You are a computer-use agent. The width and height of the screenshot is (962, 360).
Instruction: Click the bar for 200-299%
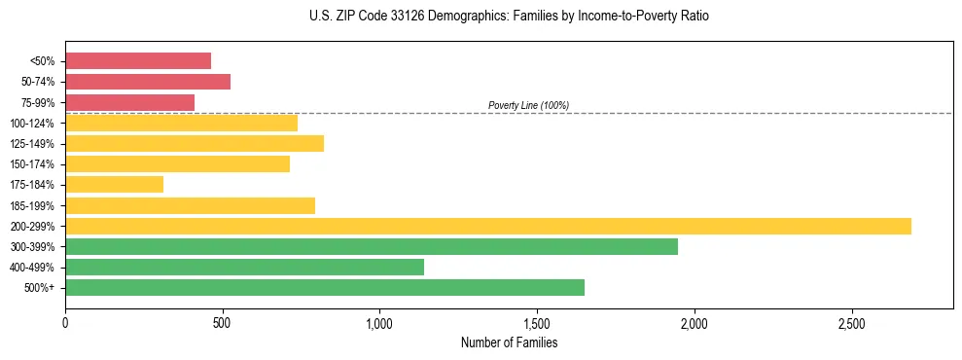click(x=487, y=226)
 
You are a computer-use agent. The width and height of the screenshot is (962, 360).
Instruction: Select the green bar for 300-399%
click(x=371, y=246)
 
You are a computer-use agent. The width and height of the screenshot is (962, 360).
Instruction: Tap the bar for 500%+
click(x=324, y=287)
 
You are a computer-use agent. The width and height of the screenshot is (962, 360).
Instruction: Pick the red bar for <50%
click(x=137, y=60)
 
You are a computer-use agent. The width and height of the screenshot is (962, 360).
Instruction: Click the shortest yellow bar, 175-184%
click(x=114, y=184)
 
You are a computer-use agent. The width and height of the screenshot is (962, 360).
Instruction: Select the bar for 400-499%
click(x=244, y=267)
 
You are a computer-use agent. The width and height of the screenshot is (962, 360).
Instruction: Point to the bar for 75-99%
click(x=129, y=102)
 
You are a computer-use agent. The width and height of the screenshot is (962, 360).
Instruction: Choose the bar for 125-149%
click(x=194, y=143)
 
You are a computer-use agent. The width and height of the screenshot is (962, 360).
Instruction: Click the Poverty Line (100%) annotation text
click(x=528, y=105)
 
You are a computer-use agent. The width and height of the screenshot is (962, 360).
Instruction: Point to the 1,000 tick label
click(x=379, y=322)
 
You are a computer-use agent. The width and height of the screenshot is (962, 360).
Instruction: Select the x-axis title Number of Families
click(x=509, y=342)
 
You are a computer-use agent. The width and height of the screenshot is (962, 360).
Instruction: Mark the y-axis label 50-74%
click(x=38, y=82)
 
